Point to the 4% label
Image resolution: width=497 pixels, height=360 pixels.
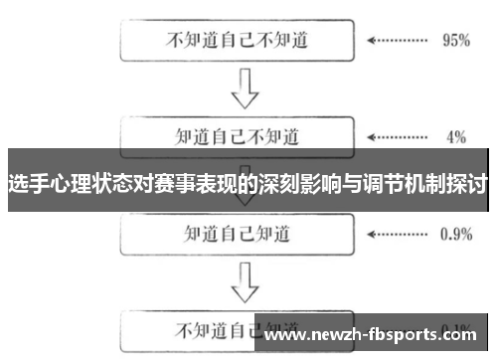click(455, 135)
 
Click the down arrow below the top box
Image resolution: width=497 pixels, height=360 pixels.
click(238, 89)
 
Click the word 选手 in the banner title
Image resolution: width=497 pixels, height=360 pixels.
click(27, 184)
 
